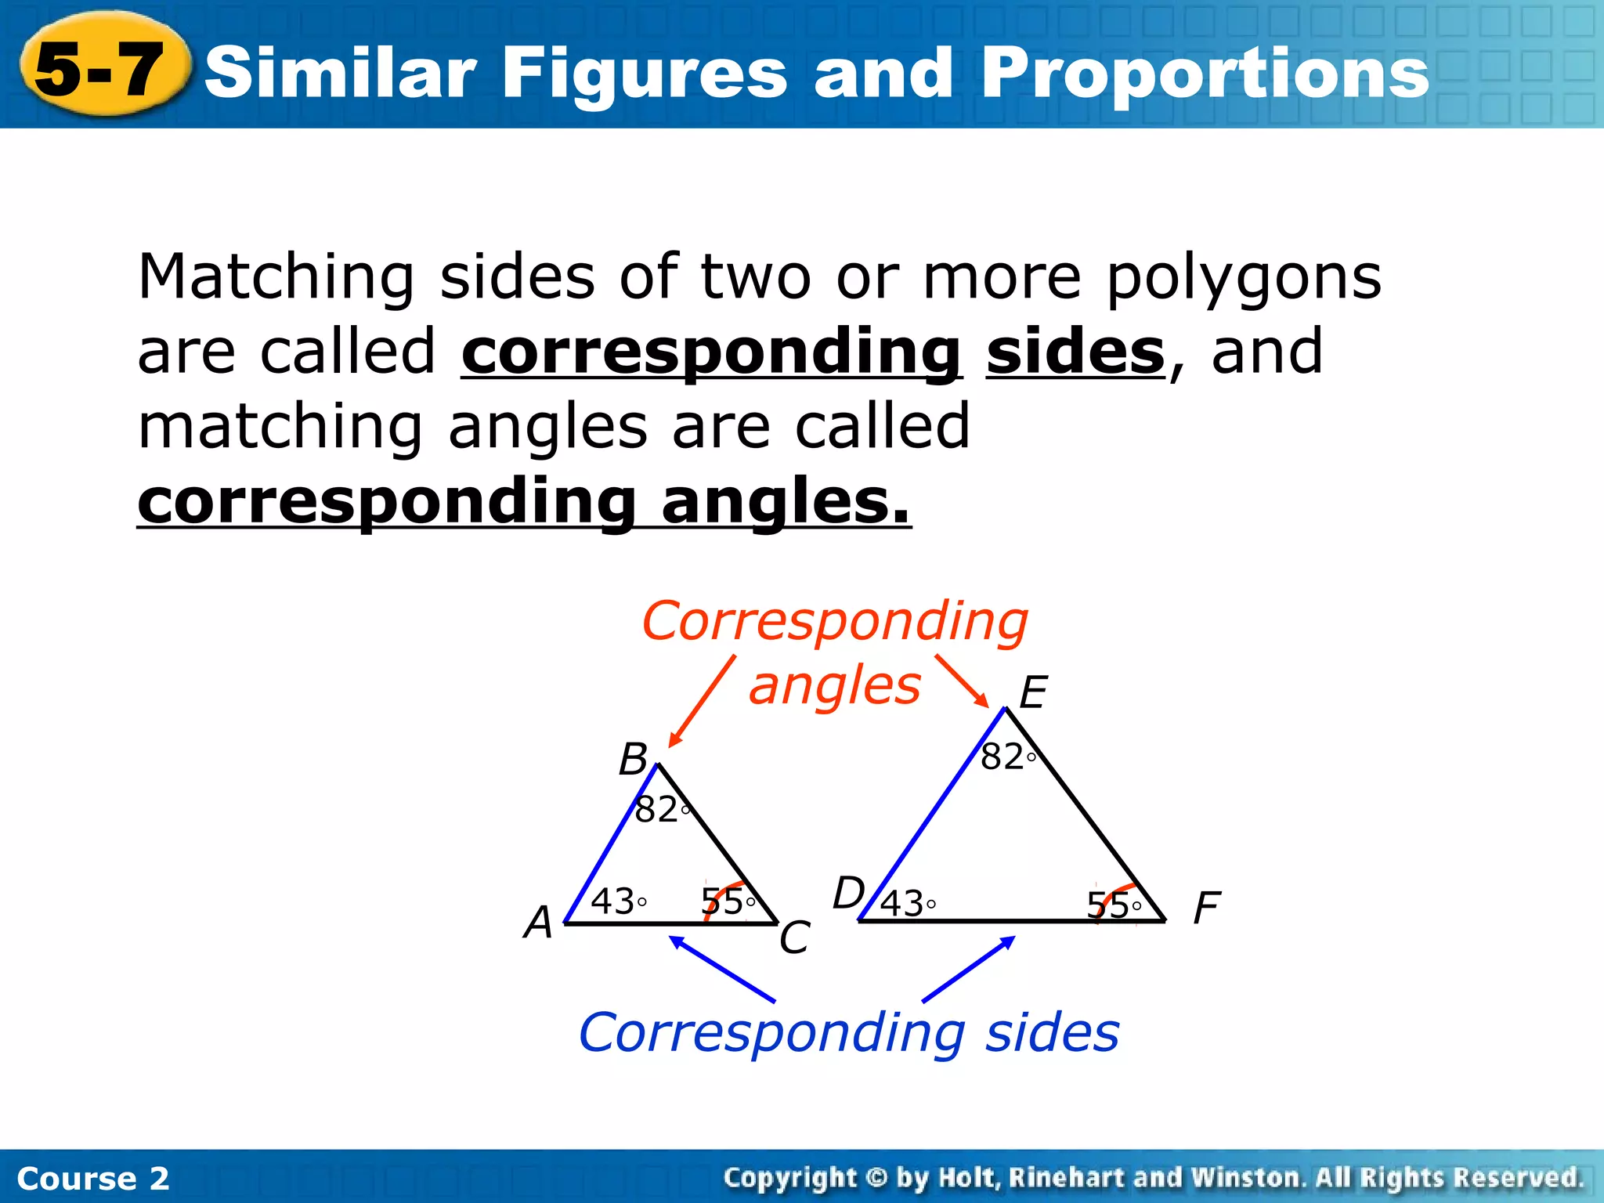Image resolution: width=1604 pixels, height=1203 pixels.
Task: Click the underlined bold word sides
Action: tap(1075, 352)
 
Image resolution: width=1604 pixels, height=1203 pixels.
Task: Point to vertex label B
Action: tap(633, 760)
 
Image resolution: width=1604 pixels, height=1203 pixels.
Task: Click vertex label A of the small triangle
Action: tap(539, 923)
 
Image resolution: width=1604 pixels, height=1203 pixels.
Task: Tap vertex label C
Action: tap(794, 937)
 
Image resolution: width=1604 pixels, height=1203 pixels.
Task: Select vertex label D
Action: tap(848, 894)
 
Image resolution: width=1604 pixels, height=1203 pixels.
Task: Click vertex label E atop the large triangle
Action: tap(1033, 693)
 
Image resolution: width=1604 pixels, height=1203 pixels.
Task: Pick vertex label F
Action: tap(1206, 909)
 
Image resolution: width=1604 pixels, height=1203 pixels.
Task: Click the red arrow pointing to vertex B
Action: tap(702, 702)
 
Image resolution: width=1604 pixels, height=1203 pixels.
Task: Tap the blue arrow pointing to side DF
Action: tap(969, 969)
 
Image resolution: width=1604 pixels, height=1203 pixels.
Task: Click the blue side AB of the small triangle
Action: tap(611, 844)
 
